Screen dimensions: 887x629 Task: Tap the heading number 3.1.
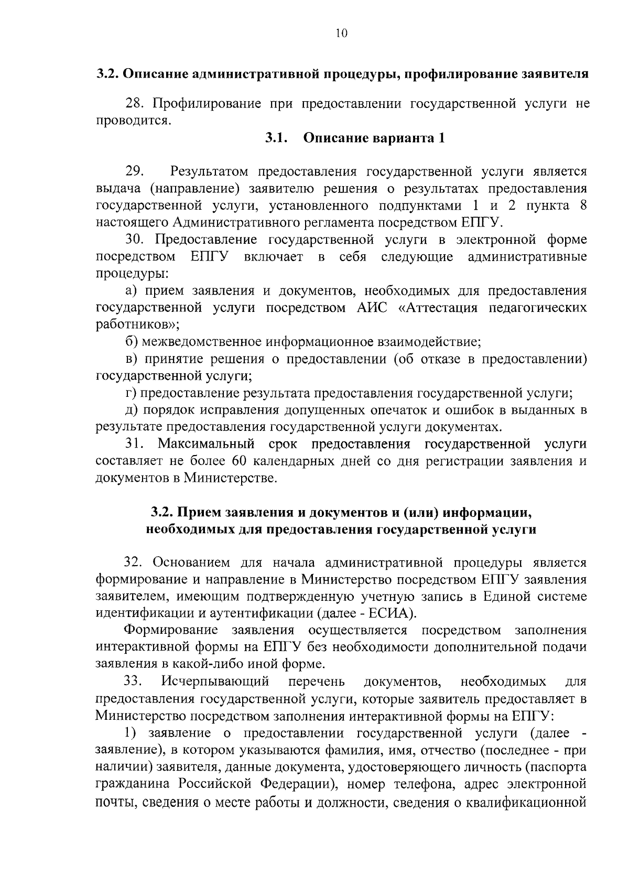tap(276, 138)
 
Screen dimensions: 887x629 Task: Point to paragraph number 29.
tap(135, 171)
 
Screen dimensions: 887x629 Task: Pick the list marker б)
tap(132, 342)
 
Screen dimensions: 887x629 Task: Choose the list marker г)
tap(131, 393)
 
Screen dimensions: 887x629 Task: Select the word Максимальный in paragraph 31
tap(206, 445)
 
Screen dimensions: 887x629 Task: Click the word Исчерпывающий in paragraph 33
tap(215, 682)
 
